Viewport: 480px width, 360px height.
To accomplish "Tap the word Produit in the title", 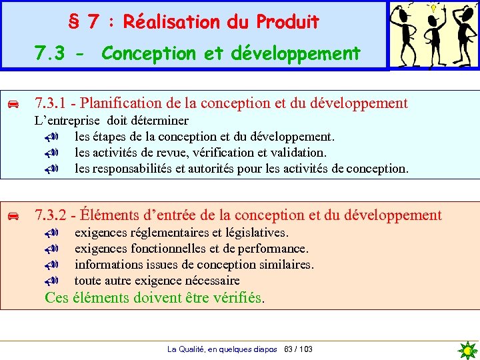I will click(288, 22).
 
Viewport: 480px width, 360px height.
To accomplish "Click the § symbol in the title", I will click(75, 22).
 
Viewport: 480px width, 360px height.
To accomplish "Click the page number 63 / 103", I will click(298, 349).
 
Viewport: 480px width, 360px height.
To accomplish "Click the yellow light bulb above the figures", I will click(434, 8).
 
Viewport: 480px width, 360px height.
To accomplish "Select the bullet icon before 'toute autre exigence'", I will click(54, 281).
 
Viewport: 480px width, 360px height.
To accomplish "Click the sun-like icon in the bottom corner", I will click(469, 350).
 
